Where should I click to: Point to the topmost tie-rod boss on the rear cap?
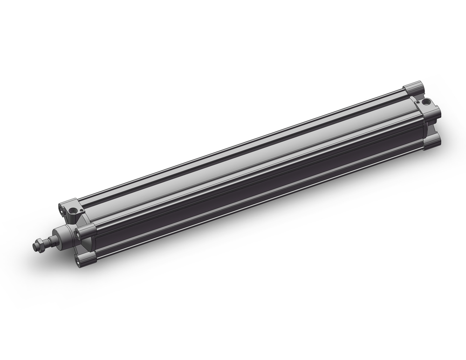click(x=413, y=88)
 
